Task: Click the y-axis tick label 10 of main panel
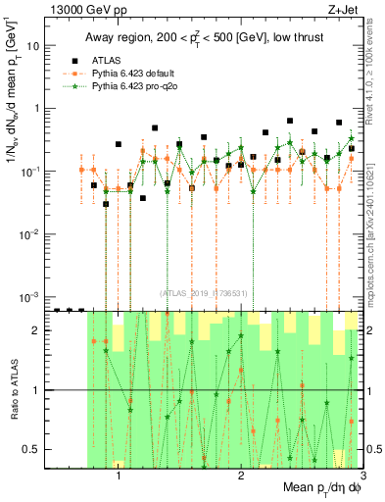36,46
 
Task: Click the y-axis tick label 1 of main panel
39,109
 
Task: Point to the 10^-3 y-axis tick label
33,296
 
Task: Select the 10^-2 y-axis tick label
33,233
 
